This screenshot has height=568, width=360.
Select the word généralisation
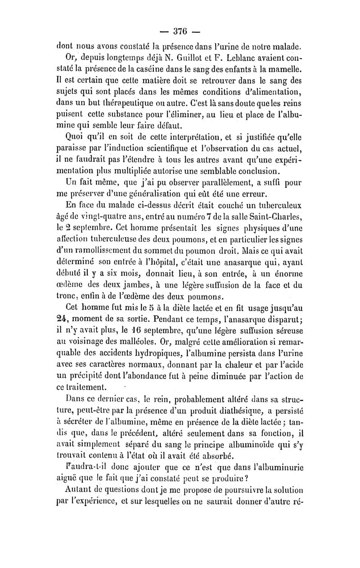click(x=142, y=195)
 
